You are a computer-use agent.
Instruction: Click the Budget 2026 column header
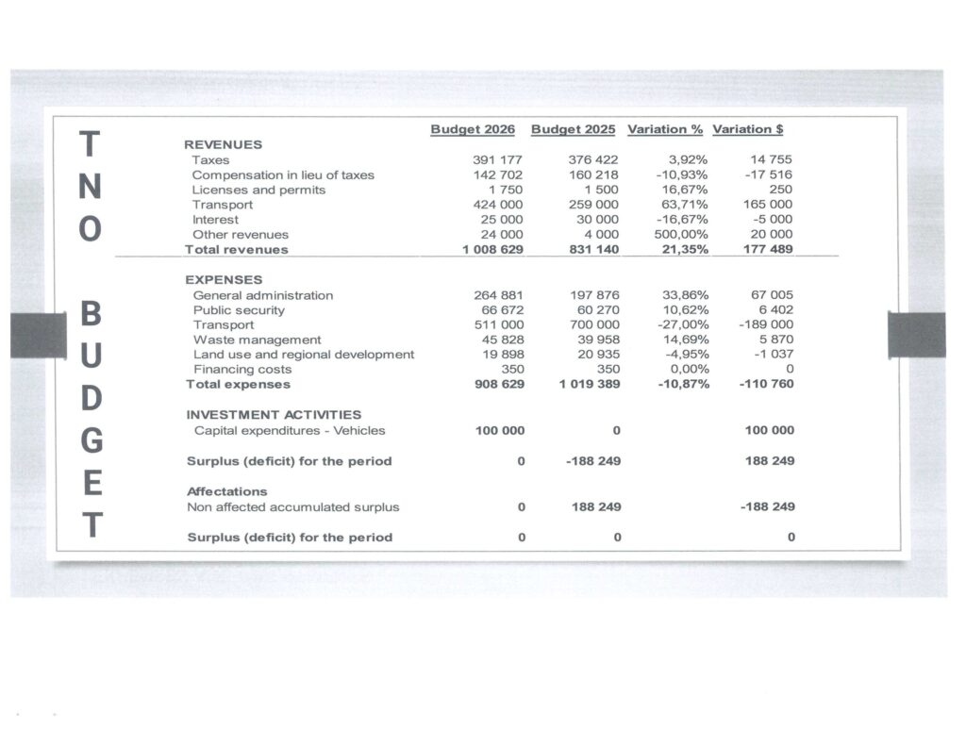473,129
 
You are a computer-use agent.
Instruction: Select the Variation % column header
665,129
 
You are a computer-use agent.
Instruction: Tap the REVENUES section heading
223,144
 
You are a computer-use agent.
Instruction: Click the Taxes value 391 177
497,160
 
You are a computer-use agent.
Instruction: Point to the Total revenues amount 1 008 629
492,249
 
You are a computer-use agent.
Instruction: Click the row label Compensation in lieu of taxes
283,174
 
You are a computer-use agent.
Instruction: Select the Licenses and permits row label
258,190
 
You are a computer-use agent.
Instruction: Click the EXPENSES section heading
225,279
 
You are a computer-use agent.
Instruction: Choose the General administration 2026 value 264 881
498,295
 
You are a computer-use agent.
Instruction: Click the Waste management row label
257,340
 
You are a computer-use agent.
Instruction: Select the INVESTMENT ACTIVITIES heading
274,414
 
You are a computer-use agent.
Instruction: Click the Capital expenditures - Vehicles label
290,430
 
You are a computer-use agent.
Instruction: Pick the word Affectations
226,491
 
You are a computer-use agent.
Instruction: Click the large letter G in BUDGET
91,441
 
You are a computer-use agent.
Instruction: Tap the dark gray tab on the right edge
916,335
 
